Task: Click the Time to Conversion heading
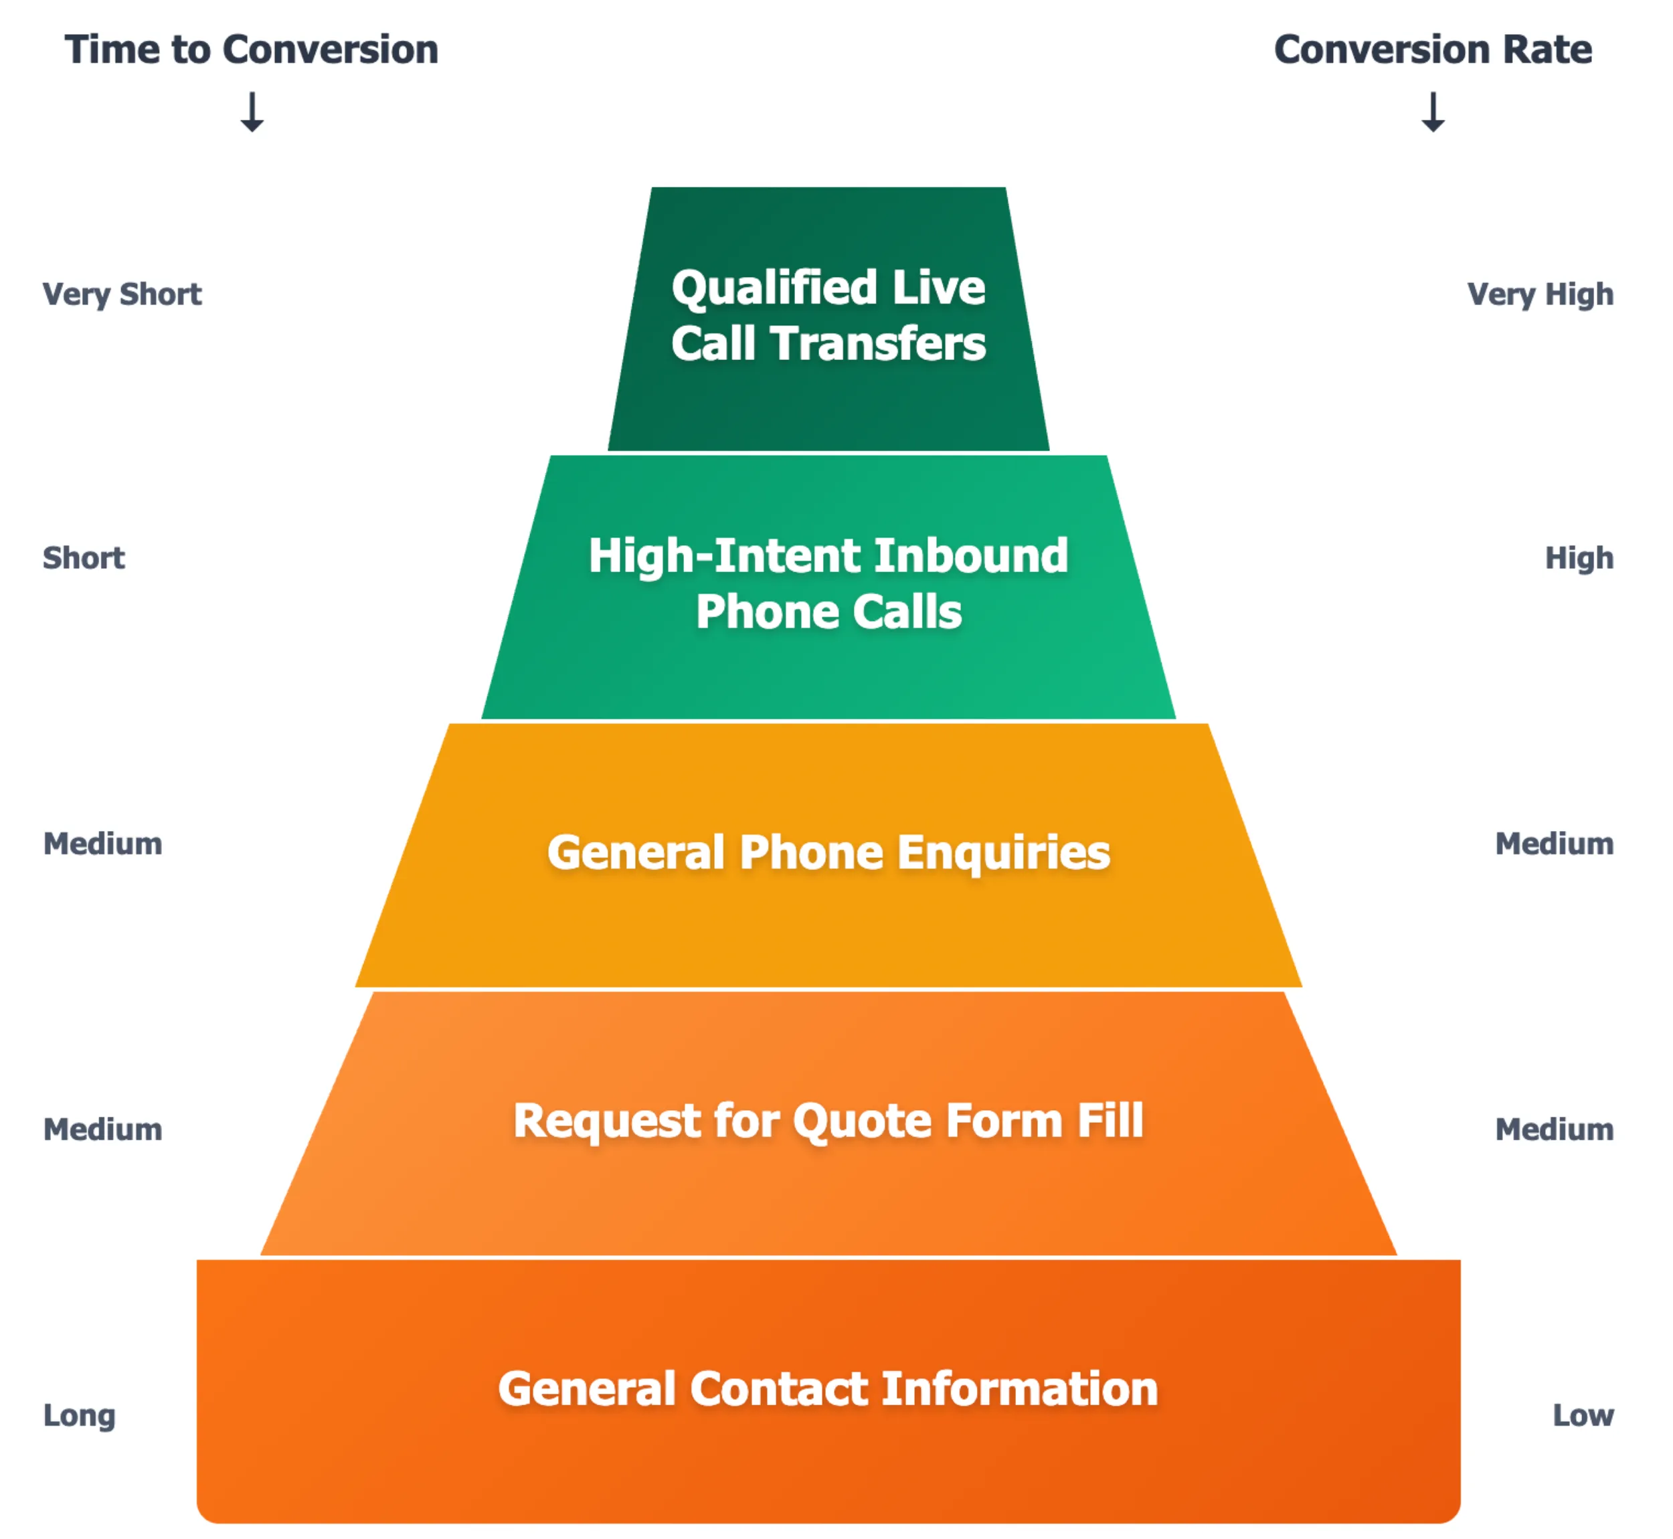click(x=252, y=50)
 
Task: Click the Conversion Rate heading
click(x=1432, y=50)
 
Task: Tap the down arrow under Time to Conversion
click(x=252, y=112)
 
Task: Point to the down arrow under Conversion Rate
click(x=1432, y=112)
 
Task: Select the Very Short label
click(x=122, y=295)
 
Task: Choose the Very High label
click(x=1540, y=295)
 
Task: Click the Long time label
click(x=79, y=1416)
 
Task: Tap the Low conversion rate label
click(x=1582, y=1416)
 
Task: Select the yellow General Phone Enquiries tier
click(x=828, y=924)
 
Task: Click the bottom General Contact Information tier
click(x=828, y=1465)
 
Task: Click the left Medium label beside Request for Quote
click(x=102, y=1130)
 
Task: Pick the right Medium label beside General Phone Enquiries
click(x=1554, y=844)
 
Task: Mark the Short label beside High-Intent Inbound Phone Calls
click(x=83, y=558)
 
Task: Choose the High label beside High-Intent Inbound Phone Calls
click(x=1579, y=558)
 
